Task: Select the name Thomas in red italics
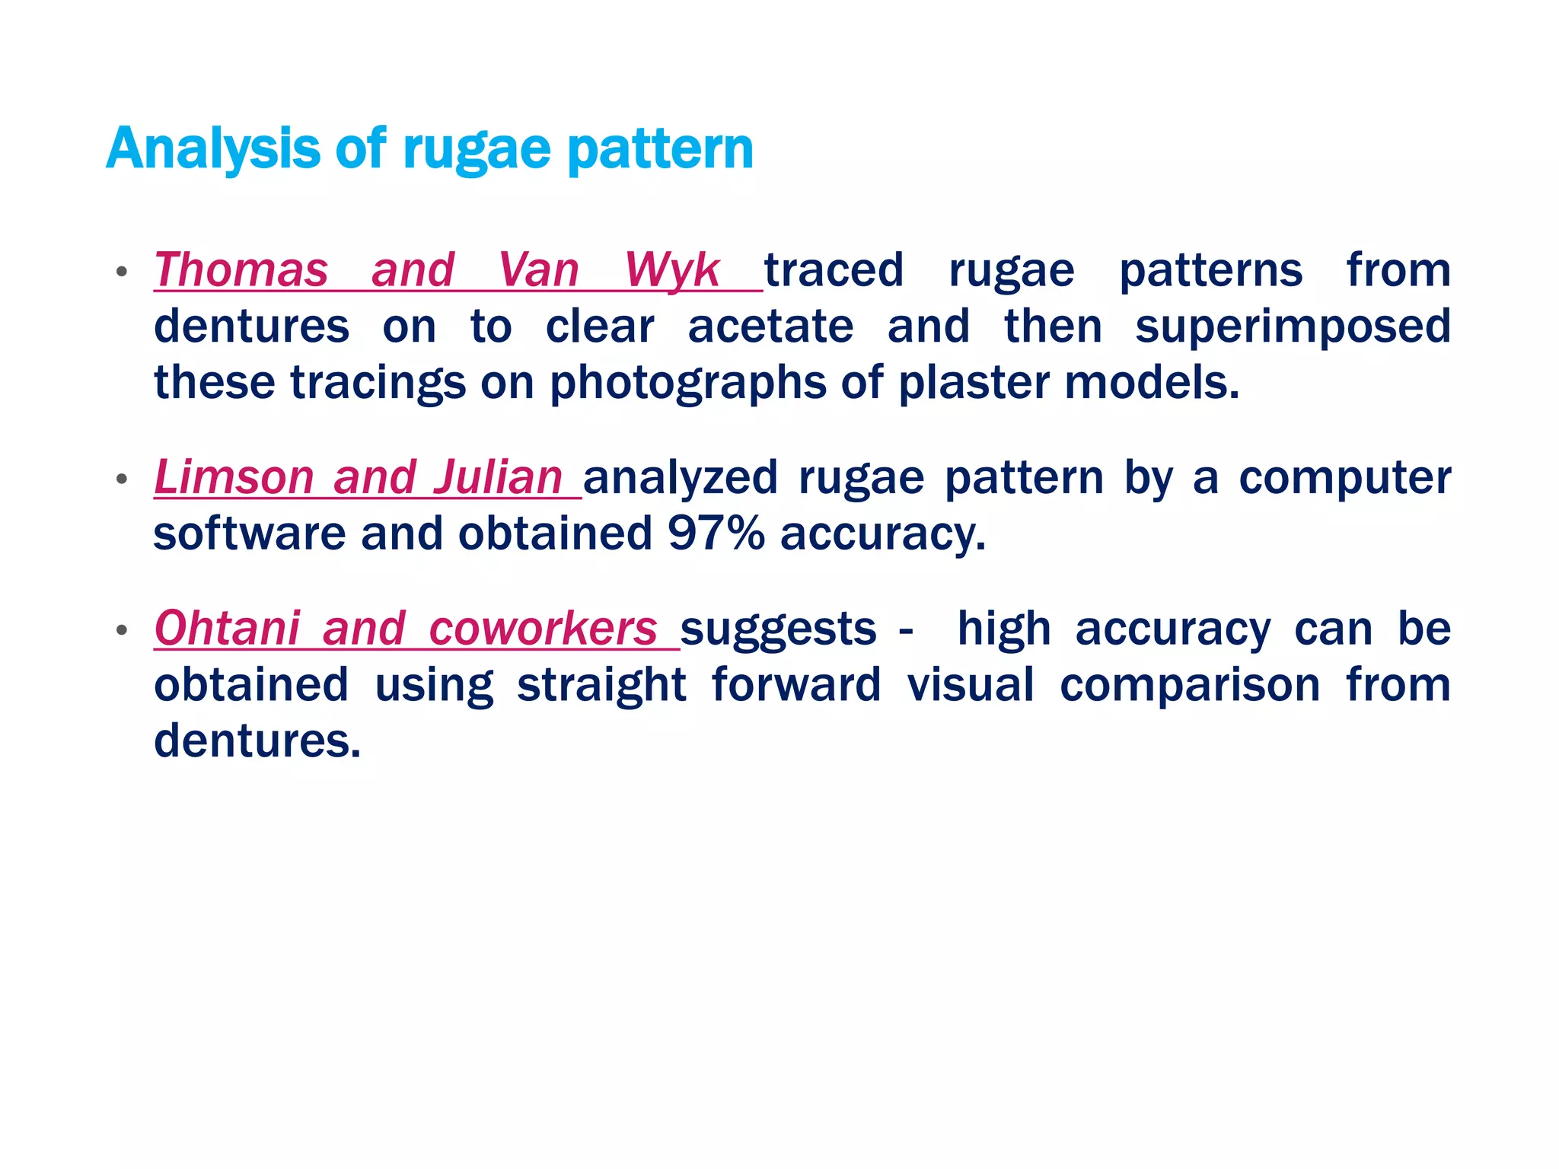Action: tap(241, 270)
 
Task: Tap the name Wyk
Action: tap(671, 272)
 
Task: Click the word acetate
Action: tap(770, 326)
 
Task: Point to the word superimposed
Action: tap(1292, 328)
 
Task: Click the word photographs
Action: tap(687, 384)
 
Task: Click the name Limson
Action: tap(234, 478)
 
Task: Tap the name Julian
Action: tap(498, 478)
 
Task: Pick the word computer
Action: tap(1344, 478)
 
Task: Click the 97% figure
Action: tap(716, 534)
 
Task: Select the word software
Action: tap(250, 534)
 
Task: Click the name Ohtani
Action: tap(227, 629)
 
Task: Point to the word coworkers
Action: tap(543, 629)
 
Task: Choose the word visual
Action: tap(971, 685)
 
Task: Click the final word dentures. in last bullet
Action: tap(257, 741)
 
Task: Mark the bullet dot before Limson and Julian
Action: tap(121, 479)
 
